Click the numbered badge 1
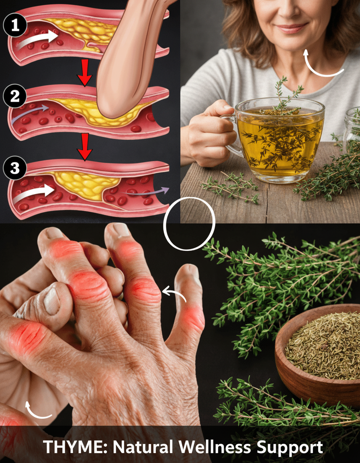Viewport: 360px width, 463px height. click(15, 26)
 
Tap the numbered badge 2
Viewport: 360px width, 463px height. click(15, 96)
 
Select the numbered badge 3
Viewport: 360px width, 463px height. click(15, 168)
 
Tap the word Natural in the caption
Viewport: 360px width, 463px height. click(143, 447)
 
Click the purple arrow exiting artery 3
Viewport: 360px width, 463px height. click(147, 192)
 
